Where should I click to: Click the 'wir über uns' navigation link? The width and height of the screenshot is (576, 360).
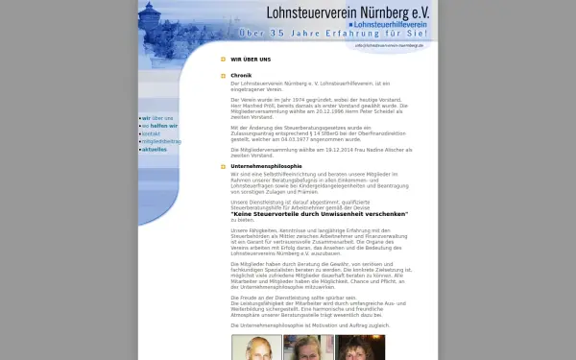[x=158, y=118]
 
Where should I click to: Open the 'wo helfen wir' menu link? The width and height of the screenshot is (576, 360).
[x=159, y=126]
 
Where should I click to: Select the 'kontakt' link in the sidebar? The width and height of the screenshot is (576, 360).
[x=153, y=133]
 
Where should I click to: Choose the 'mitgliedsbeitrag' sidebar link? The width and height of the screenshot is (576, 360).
[x=161, y=141]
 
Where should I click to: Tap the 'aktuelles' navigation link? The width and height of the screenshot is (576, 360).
[x=154, y=150]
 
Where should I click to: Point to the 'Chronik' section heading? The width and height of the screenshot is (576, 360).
[x=241, y=75]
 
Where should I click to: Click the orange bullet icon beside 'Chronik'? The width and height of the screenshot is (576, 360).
[x=223, y=75]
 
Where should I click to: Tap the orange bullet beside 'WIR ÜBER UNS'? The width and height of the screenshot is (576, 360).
[x=223, y=59]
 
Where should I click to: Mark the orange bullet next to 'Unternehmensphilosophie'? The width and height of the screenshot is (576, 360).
[x=223, y=165]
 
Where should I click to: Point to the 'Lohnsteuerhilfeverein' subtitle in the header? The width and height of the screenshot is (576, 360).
[x=387, y=23]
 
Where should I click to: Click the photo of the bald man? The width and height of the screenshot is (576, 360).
[x=256, y=348]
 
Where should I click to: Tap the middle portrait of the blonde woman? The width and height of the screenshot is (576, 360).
[x=308, y=348]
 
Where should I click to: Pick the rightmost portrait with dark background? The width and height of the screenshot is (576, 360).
[x=360, y=348]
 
